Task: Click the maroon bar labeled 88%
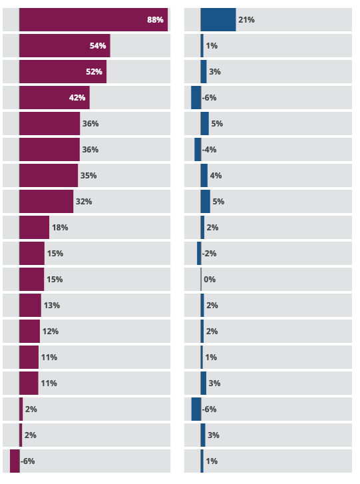pyautogui.click(x=93, y=20)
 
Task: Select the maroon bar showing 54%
pyautogui.click(x=65, y=46)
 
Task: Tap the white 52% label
pyautogui.click(x=94, y=72)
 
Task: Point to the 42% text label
pyautogui.click(x=77, y=98)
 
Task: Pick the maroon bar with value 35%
pyautogui.click(x=49, y=175)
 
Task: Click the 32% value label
pyautogui.click(x=84, y=202)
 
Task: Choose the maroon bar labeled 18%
pyautogui.click(x=34, y=227)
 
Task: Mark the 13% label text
pyautogui.click(x=52, y=306)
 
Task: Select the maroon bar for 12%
pyautogui.click(x=30, y=331)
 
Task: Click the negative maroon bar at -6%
pyautogui.click(x=15, y=461)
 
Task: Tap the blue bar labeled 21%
pyautogui.click(x=218, y=20)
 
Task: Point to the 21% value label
pyautogui.click(x=246, y=20)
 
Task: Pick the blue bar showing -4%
pyautogui.click(x=198, y=149)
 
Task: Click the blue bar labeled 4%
pyautogui.click(x=204, y=175)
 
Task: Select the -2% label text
pyautogui.click(x=209, y=254)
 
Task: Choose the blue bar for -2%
pyautogui.click(x=199, y=253)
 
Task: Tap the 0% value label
pyautogui.click(x=210, y=280)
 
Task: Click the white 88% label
pyautogui.click(x=155, y=20)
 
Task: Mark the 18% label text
pyautogui.click(x=60, y=228)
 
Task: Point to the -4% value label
pyautogui.click(x=209, y=150)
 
